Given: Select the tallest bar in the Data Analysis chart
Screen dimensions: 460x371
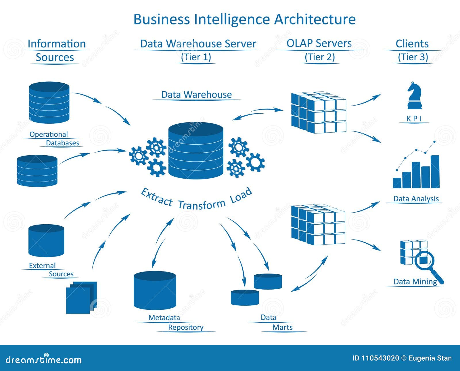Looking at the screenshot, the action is [x=435, y=172].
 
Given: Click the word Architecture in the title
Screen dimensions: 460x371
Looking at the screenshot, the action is [x=315, y=19].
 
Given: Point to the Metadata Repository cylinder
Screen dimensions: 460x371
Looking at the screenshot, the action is [x=155, y=290].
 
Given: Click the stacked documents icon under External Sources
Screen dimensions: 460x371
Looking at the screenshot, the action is [x=81, y=298].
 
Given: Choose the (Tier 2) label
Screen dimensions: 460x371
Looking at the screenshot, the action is [x=320, y=57].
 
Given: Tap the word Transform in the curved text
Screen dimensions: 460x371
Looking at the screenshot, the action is [x=202, y=204].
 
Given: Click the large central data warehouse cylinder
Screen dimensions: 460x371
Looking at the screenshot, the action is [x=196, y=150].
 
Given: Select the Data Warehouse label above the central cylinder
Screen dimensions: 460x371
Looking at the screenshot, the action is [x=196, y=95].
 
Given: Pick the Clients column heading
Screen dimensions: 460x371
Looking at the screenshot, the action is [x=412, y=44].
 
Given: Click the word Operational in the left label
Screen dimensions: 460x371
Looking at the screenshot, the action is [x=49, y=134].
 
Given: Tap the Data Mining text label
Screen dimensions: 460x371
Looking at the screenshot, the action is [x=415, y=282].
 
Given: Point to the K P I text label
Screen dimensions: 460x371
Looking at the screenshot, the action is [x=414, y=119].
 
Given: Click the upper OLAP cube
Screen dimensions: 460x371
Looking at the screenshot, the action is [x=319, y=112].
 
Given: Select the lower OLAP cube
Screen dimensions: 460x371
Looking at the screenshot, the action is [x=318, y=225].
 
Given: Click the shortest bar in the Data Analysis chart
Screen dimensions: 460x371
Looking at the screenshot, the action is [x=397, y=183].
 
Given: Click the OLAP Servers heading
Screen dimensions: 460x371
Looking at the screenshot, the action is [x=319, y=43].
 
